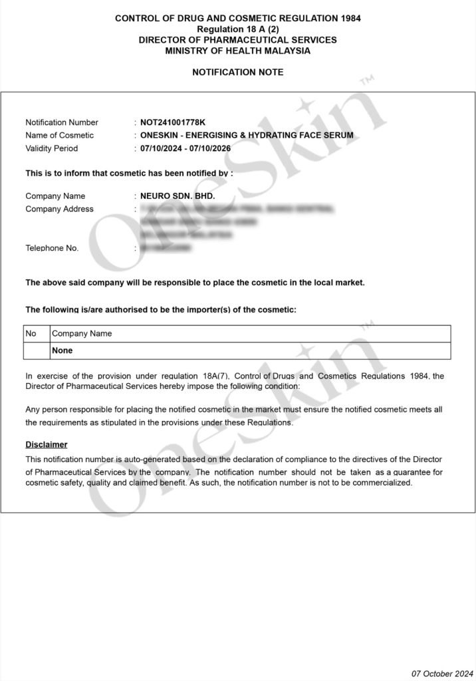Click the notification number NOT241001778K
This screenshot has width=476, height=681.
[173, 122]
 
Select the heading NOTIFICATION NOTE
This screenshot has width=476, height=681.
[238, 72]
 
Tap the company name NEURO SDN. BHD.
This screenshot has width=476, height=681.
[178, 196]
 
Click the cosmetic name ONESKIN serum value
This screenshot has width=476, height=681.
[247, 135]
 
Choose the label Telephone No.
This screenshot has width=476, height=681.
[52, 248]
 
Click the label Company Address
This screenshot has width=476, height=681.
[59, 209]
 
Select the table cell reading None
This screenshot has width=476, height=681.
[62, 350]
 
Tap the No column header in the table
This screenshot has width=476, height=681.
[31, 333]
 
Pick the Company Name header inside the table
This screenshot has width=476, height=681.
[82, 333]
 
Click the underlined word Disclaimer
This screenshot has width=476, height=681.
[47, 444]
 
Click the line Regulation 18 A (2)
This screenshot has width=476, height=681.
[238, 29]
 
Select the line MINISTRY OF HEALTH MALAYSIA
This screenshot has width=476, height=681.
[238, 51]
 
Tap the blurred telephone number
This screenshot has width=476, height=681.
[166, 248]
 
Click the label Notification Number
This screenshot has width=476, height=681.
[62, 122]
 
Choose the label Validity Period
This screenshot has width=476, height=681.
[51, 148]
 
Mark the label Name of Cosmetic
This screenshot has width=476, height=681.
[60, 135]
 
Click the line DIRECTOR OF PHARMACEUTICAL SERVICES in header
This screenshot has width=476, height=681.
[238, 40]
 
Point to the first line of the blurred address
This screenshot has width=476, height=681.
[236, 209]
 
